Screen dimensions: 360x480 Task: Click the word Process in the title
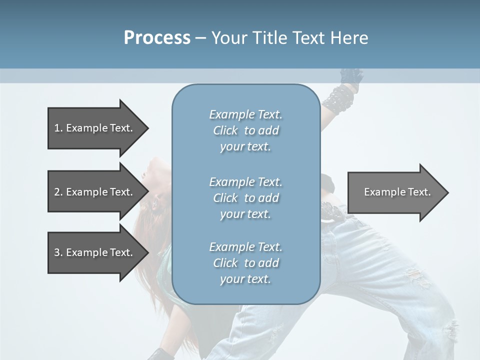(157, 38)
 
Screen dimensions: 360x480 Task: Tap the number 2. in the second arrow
(58, 192)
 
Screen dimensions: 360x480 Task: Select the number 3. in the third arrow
(58, 252)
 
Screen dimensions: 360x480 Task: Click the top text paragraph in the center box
(245, 130)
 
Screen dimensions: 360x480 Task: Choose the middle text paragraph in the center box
(245, 198)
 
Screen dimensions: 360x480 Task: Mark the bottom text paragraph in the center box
(245, 263)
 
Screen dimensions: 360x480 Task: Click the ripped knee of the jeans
(417, 278)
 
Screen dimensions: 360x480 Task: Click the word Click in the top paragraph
(225, 130)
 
